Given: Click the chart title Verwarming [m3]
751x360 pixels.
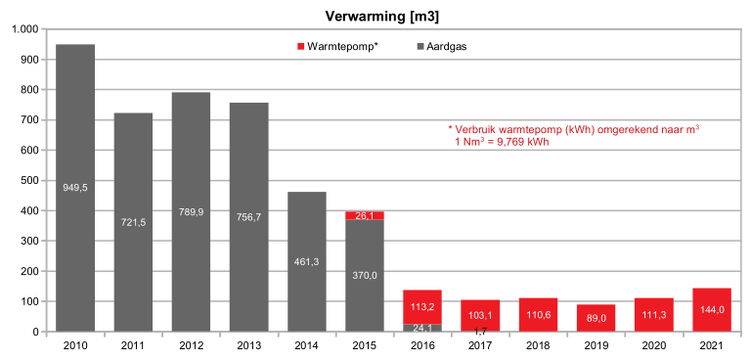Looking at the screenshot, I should coord(382,16).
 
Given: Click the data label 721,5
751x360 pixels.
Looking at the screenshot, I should coord(133,222).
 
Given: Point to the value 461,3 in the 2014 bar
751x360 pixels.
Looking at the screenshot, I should coord(306,262).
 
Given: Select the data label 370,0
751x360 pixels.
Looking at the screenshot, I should coord(364,275).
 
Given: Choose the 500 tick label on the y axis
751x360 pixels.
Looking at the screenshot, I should coord(30,180).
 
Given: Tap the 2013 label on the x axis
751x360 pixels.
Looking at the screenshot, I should coord(249,346).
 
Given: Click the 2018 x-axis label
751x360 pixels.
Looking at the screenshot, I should coord(538,346).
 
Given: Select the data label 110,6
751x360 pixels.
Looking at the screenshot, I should coord(538,315).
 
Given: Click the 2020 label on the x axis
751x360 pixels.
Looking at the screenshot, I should coord(654,346).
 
